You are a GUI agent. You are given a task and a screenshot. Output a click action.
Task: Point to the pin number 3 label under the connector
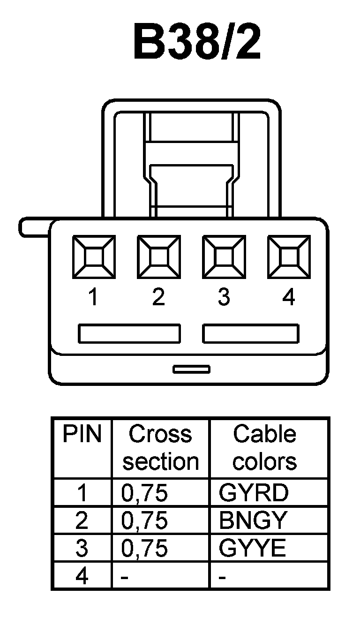(x=224, y=297)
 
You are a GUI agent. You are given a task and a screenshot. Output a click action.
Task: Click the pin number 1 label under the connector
(x=94, y=297)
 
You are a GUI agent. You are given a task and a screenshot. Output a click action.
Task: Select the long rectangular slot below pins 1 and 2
(x=129, y=333)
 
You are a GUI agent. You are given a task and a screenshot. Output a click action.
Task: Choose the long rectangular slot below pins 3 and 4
(x=251, y=333)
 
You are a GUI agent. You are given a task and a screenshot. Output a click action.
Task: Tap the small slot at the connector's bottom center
(x=191, y=369)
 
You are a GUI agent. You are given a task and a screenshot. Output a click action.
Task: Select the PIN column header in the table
(x=82, y=435)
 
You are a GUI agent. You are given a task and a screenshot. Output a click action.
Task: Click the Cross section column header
(x=160, y=448)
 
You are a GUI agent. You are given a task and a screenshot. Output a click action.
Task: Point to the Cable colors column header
(x=265, y=448)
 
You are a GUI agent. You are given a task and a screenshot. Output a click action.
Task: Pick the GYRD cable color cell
(x=254, y=493)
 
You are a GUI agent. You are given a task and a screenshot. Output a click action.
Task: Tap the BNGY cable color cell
(x=253, y=520)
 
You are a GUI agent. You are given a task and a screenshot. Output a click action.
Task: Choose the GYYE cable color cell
(x=252, y=548)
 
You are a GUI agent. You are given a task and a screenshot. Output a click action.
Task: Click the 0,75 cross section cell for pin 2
(x=144, y=520)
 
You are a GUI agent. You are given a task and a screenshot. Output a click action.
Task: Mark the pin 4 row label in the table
(x=82, y=576)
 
